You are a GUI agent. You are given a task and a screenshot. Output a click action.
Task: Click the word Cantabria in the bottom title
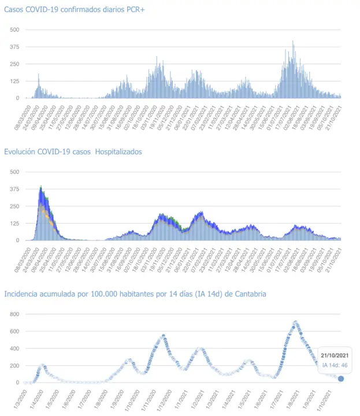(x=250, y=294)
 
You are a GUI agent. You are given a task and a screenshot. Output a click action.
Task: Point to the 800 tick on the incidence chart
(x=14, y=314)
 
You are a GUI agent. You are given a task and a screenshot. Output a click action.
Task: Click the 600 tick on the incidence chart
(x=14, y=331)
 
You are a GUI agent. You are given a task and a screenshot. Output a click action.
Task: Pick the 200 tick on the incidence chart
(x=14, y=366)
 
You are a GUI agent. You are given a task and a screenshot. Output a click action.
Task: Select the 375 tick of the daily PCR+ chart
(x=14, y=47)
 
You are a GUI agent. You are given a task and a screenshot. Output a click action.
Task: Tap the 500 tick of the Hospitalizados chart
(x=14, y=172)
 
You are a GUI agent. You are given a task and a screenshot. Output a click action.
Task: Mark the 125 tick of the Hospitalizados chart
(x=14, y=223)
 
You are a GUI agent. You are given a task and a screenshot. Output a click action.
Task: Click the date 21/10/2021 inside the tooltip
(x=335, y=355)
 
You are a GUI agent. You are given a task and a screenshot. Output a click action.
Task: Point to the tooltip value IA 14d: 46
(x=335, y=365)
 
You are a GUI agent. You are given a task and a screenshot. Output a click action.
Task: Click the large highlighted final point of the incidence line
(x=341, y=378)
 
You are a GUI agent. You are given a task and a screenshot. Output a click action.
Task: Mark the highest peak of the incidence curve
(x=296, y=322)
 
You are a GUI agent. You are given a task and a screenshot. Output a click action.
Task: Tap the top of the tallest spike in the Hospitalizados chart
(x=40, y=187)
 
